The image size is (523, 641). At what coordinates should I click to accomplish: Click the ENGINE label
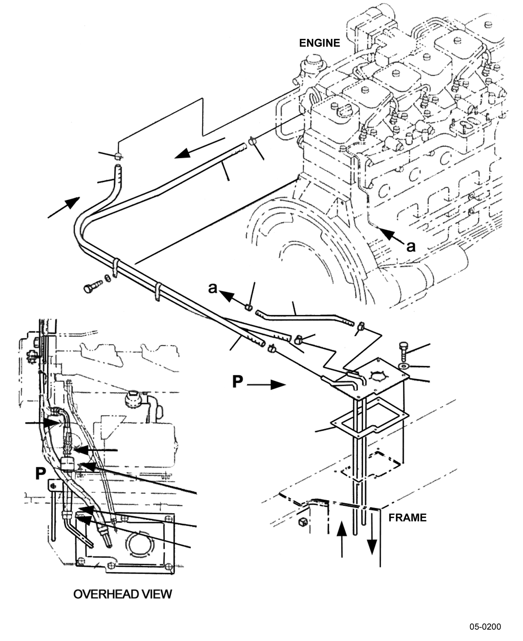tap(319, 43)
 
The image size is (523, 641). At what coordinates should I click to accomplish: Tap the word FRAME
tap(407, 517)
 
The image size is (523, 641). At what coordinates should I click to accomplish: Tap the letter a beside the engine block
tap(411, 246)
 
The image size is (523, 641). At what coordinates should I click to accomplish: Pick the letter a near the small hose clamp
tap(213, 288)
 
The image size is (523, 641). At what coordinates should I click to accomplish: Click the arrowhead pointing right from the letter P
tap(278, 385)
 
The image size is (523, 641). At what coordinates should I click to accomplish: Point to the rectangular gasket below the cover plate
tap(369, 417)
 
